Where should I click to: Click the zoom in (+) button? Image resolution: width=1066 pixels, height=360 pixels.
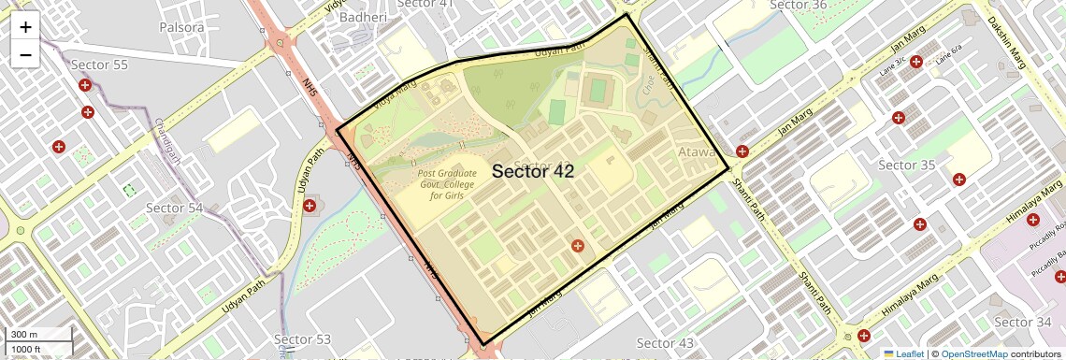(x=25, y=27)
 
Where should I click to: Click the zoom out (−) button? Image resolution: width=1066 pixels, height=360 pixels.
(x=25, y=54)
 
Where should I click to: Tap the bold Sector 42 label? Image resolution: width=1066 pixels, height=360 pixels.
(x=532, y=171)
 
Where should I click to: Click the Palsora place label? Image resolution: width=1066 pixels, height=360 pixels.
(x=181, y=27)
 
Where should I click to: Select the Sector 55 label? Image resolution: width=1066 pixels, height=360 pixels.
(x=99, y=65)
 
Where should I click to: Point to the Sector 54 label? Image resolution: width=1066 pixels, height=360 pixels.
(x=174, y=208)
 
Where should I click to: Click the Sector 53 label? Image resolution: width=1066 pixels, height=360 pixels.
(x=302, y=338)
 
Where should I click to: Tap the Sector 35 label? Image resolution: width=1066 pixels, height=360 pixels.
(x=907, y=166)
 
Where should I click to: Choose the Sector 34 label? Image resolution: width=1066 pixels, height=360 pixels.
(x=1022, y=323)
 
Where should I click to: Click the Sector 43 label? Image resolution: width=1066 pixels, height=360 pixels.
(x=665, y=343)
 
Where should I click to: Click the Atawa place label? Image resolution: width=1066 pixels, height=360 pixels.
(x=698, y=151)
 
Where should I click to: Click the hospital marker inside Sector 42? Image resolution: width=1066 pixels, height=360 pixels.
(x=578, y=246)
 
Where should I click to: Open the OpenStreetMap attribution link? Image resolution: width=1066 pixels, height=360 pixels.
(x=973, y=353)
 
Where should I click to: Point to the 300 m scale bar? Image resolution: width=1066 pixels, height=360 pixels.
(x=37, y=335)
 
